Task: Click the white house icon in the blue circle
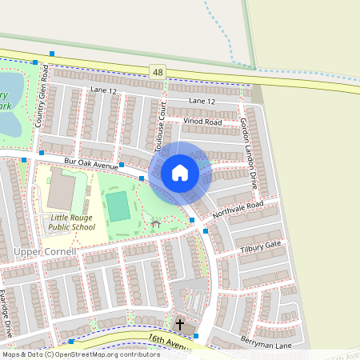(180, 173)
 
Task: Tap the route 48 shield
(157, 71)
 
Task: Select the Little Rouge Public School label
(73, 222)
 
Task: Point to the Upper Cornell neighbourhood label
(45, 252)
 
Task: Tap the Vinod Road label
(202, 122)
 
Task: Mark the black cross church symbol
(180, 324)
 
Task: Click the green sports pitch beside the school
(118, 206)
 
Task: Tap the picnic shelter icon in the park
(155, 224)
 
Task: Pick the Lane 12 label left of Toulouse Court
(103, 91)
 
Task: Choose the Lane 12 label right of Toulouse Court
(202, 102)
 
